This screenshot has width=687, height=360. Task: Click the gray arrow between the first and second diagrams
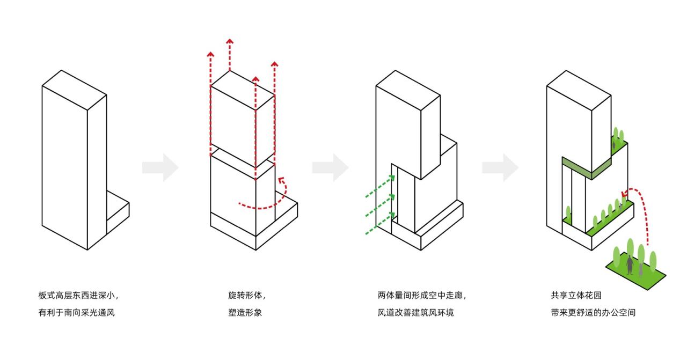pos(160,168)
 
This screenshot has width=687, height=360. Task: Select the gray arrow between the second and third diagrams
pos(330,168)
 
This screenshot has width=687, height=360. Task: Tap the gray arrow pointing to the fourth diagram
pos(500,168)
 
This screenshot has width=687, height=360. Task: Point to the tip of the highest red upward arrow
pos(230,41)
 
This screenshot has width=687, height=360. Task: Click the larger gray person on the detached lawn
pos(630,265)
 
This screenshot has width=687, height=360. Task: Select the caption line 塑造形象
pos(245,312)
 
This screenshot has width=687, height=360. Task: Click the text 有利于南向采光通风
pos(76,312)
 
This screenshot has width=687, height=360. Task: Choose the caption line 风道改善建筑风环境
pos(415,312)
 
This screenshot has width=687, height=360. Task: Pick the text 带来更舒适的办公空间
pos(593,312)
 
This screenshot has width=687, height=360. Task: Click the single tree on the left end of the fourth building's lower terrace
pos(568,213)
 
